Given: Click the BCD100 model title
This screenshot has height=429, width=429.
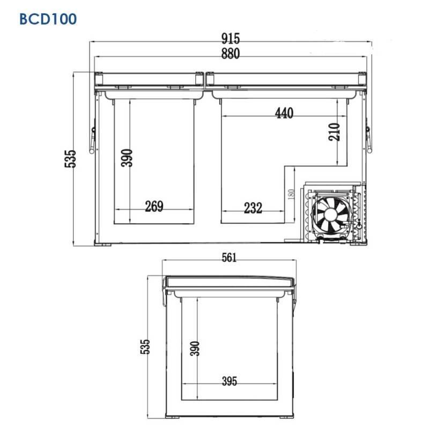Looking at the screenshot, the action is pos(48,19).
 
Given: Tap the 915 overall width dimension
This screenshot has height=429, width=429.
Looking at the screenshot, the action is pos(231,38).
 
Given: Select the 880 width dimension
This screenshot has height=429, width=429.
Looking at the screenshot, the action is pos(231,54).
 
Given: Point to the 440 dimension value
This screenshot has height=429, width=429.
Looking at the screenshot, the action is pos(284,113).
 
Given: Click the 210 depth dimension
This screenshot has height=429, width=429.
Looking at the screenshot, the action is pos(334,132).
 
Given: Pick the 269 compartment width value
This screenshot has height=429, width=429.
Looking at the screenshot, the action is pos(154,206).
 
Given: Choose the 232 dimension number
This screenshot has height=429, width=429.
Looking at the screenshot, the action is pos(253,208).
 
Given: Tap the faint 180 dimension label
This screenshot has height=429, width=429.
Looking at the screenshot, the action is pos(291,194).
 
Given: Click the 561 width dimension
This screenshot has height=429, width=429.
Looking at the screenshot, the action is pos(230,258).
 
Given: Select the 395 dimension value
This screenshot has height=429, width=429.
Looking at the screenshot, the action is pos(230,381).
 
